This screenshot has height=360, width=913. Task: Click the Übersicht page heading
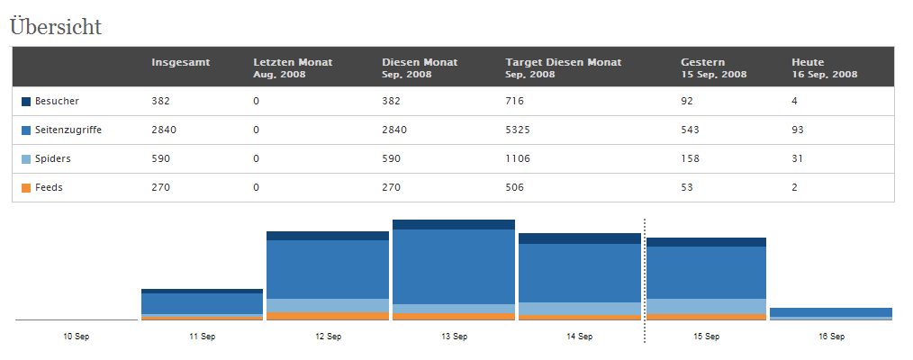coord(56,27)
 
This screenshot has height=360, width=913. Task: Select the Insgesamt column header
coord(181,62)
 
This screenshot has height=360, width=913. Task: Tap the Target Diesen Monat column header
coord(564,62)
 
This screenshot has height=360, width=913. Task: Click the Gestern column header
coord(703,62)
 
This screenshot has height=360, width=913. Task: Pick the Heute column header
coord(808,62)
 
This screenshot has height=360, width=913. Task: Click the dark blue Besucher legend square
coord(25,102)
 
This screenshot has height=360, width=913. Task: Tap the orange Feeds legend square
coord(25,188)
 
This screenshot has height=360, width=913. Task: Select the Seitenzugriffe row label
coord(68,130)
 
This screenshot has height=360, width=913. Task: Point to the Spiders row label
coord(53,158)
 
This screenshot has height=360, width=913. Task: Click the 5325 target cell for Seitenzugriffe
coord(518,130)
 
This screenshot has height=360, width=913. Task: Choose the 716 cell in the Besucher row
coord(515,101)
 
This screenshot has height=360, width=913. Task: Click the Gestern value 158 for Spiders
coord(690,158)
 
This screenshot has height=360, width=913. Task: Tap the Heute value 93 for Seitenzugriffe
coord(798,130)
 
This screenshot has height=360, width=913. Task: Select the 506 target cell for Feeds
coord(515,188)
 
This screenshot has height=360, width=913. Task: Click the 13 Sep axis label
coord(453,337)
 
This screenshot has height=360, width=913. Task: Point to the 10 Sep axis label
coord(77,337)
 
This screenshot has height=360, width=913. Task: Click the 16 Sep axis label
coord(831,337)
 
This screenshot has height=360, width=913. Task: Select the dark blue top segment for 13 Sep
coord(454,224)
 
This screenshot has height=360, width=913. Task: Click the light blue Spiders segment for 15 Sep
coord(706,307)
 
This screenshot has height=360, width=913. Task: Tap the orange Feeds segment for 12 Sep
coord(327,317)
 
